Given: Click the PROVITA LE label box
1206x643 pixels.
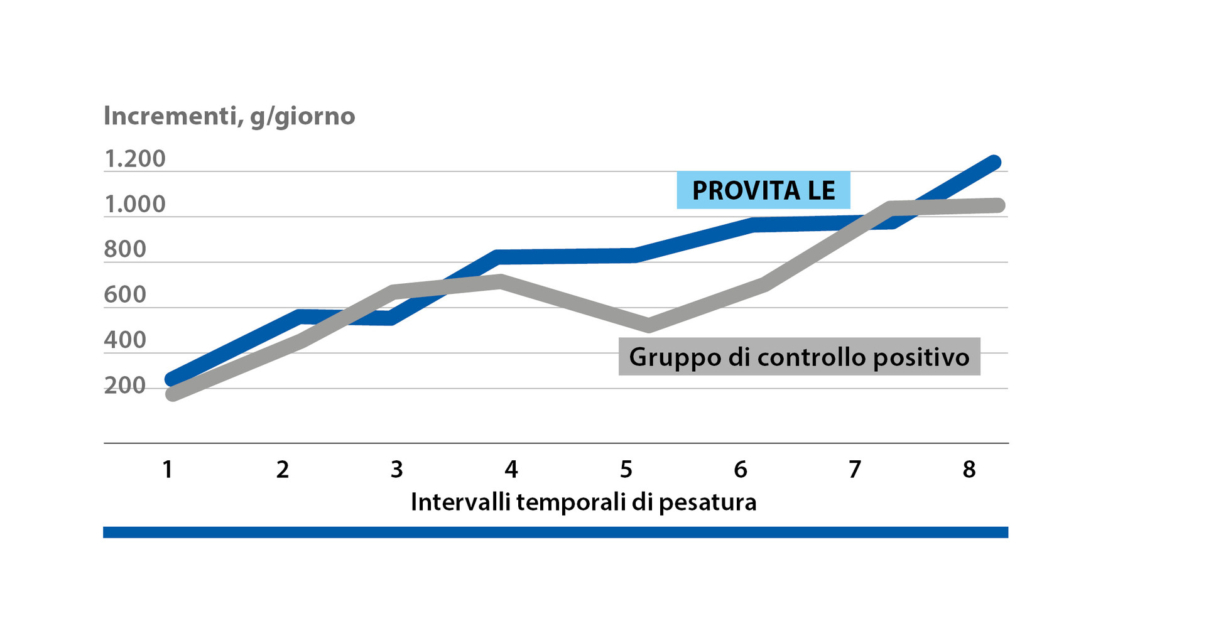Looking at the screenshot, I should click(x=763, y=190).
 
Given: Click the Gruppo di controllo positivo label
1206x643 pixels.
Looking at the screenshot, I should click(x=799, y=357).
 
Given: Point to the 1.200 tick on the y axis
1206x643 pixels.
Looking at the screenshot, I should click(x=134, y=159).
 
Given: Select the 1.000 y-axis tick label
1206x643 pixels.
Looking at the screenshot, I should click(x=134, y=204).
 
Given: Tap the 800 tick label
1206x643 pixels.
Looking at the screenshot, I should click(x=125, y=249).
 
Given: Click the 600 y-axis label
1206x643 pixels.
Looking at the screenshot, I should click(x=125, y=294).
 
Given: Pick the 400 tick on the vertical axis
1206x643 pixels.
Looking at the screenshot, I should click(x=125, y=340).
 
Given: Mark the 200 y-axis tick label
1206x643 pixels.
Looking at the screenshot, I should click(x=125, y=386).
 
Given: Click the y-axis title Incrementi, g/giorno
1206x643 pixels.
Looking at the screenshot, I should click(x=229, y=116).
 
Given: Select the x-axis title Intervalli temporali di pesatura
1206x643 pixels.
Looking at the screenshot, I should click(x=584, y=502).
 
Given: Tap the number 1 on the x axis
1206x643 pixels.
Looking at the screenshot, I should click(x=168, y=469).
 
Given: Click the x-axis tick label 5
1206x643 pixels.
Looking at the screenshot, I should click(x=626, y=469).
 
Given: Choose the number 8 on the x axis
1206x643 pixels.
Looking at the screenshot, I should click(x=969, y=469).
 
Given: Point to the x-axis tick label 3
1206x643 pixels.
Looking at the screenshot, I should click(x=397, y=469).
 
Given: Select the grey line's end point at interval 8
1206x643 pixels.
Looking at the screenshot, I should click(x=999, y=205).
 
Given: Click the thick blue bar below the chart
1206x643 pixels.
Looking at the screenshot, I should click(x=555, y=532).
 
